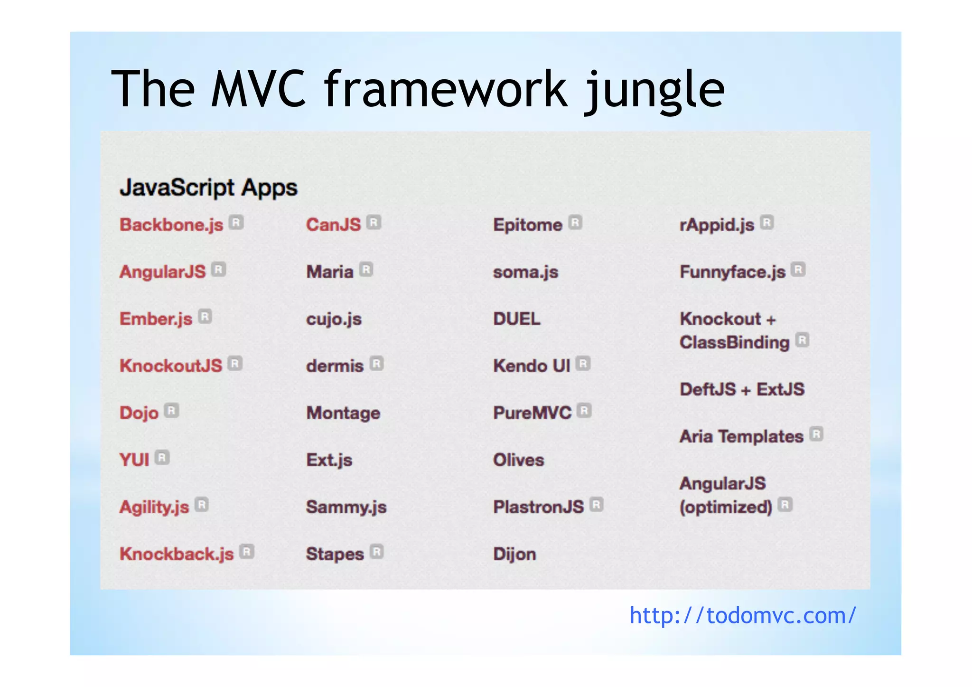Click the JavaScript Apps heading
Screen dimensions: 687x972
pos(208,188)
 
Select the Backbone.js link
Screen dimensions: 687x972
pos(171,225)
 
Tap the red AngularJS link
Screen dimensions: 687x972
pos(162,272)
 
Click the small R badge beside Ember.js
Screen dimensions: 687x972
pos(205,317)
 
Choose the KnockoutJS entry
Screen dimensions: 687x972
pos(171,366)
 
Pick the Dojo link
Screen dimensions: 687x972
pos(139,413)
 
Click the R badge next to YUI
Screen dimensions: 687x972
pos(162,458)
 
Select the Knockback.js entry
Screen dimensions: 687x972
pos(177,554)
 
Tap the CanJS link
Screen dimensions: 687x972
pos(334,225)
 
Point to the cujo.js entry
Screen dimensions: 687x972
pos(334,319)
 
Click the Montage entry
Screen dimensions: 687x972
pos(343,413)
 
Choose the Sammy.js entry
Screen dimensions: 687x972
pos(346,507)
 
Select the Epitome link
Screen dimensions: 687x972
pos(528,225)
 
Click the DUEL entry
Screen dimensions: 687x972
pos(517,319)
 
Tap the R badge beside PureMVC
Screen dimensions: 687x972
pos(585,411)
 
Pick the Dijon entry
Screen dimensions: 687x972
pos(514,554)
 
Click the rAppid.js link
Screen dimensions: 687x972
pos(717,225)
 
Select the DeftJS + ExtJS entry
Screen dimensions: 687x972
pos(742,389)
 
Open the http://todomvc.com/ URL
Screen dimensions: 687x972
pos(743,615)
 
